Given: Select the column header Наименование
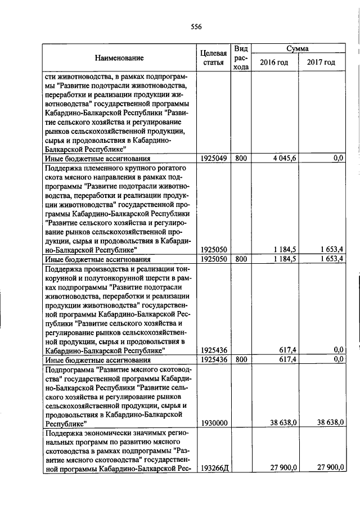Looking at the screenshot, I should pyautogui.click(x=119, y=58).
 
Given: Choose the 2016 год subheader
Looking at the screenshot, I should pyautogui.click(x=274, y=62).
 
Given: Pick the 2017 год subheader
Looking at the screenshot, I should pyautogui.click(x=321, y=62).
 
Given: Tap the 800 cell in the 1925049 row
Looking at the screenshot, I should pyautogui.click(x=241, y=159).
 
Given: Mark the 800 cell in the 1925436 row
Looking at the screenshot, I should pyautogui.click(x=241, y=359).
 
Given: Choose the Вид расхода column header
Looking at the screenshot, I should pyautogui.click(x=241, y=58).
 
